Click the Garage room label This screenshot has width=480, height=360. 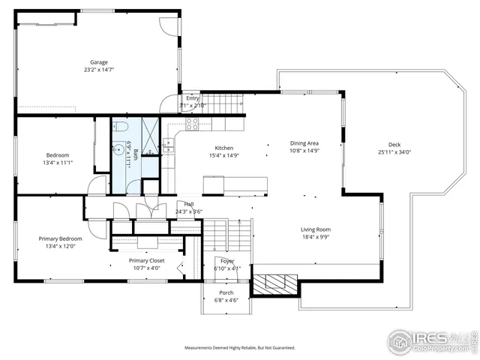(x=99, y=62)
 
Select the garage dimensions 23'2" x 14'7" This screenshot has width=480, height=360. (x=99, y=70)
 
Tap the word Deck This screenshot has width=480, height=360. (x=394, y=145)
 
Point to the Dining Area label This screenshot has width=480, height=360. (x=304, y=142)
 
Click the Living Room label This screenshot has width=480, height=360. (x=316, y=229)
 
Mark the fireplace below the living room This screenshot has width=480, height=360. (x=274, y=284)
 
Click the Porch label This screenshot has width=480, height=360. (x=226, y=292)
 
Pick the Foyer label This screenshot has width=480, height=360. (x=226, y=260)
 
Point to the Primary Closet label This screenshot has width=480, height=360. (x=146, y=260)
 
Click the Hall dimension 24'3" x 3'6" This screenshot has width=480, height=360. (x=189, y=211)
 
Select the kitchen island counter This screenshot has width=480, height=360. (x=235, y=184)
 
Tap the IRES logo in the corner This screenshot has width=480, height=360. (x=431, y=339)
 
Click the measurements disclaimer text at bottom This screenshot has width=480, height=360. (x=240, y=348)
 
